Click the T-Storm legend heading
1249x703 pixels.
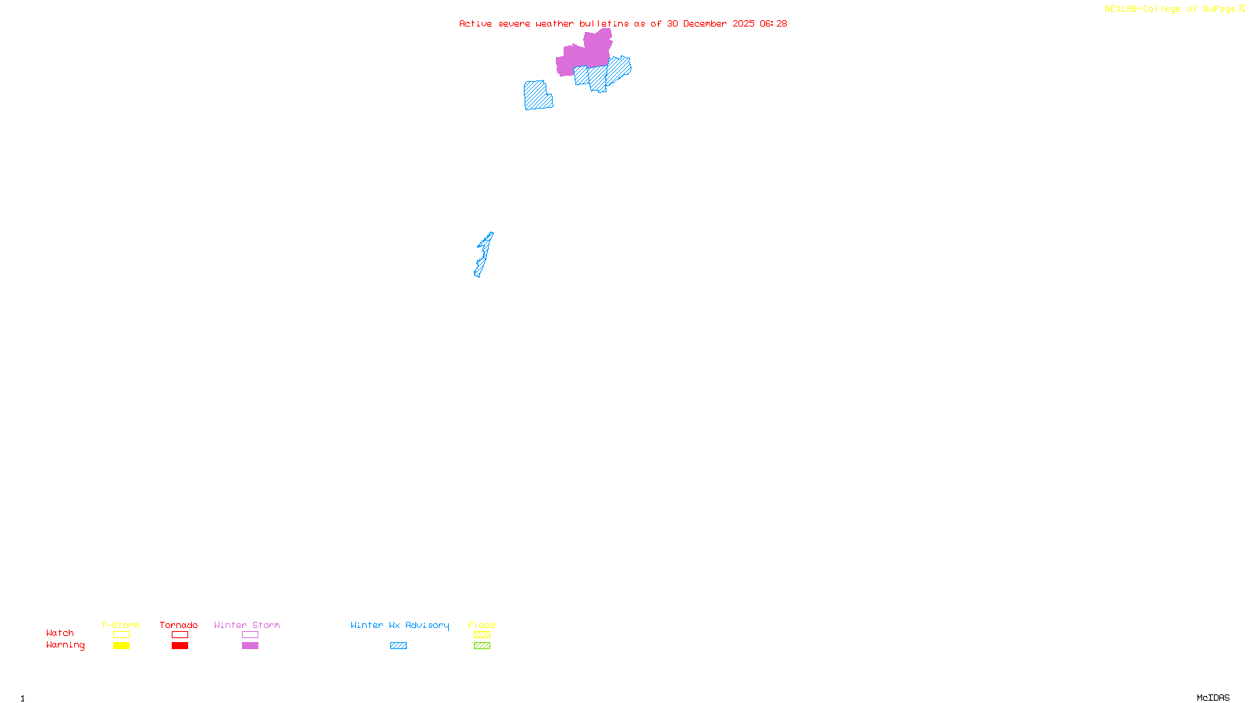120,625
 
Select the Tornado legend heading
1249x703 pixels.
179,625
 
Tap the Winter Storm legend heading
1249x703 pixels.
247,625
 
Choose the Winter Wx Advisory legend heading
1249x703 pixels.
400,625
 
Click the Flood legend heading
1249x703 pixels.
482,625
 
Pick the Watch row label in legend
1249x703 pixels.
60,633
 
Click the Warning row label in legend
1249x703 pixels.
66,645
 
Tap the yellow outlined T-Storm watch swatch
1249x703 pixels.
121,635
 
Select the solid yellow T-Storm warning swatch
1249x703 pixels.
121,646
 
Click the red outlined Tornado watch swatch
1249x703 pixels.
180,635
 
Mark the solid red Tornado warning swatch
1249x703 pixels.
180,646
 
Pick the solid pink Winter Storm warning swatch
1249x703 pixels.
250,646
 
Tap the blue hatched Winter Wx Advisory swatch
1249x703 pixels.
398,646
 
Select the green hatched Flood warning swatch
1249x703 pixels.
482,646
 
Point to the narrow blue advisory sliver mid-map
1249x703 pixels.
483,255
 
